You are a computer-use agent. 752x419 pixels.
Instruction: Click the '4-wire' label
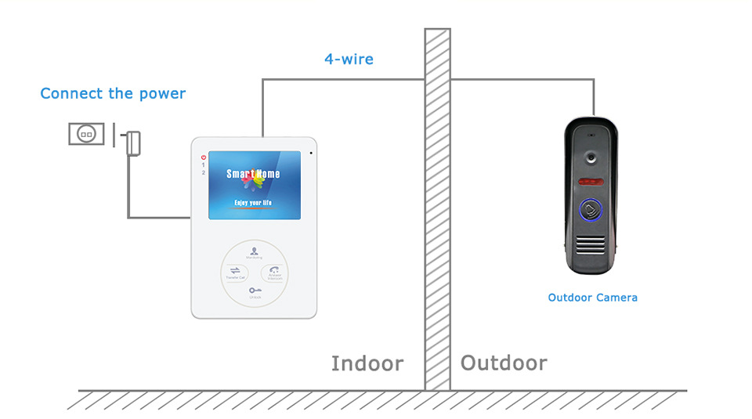click(349, 59)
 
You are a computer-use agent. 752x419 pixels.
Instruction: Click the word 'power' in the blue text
click(162, 95)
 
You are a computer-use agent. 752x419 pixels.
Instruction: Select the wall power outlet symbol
click(86, 134)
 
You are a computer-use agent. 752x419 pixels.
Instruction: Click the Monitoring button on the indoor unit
click(254, 252)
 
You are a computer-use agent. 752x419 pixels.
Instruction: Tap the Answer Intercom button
click(275, 273)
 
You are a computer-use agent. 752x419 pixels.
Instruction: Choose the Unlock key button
click(254, 292)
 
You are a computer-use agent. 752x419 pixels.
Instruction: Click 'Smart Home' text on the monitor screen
click(253, 174)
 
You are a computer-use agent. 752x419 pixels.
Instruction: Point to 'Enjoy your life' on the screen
click(253, 203)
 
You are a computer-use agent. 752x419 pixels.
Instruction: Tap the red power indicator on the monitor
click(203, 157)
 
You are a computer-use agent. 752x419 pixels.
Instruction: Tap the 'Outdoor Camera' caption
click(592, 298)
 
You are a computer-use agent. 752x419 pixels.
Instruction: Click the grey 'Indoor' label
click(367, 363)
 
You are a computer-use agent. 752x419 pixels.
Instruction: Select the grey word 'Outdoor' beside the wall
click(504, 363)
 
